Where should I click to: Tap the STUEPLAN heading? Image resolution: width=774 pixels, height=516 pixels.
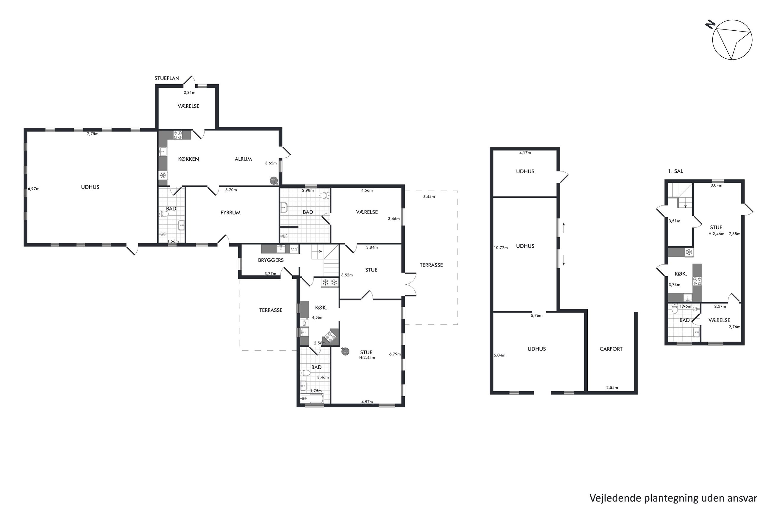pyautogui.click(x=167, y=78)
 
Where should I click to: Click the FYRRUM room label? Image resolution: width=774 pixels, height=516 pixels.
pyautogui.click(x=230, y=213)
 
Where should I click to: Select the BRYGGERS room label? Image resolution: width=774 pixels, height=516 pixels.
pyautogui.click(x=270, y=260)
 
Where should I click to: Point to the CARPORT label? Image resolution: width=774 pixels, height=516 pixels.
pyautogui.click(x=611, y=349)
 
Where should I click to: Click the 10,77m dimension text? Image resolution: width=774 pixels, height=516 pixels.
pyautogui.click(x=501, y=248)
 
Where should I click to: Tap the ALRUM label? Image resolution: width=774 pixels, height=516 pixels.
pyautogui.click(x=243, y=159)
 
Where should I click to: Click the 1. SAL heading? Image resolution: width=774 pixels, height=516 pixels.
pyautogui.click(x=675, y=171)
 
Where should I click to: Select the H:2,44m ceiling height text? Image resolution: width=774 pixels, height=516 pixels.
pyautogui.click(x=367, y=358)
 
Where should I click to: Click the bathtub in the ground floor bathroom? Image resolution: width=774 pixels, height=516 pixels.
pyautogui.click(x=312, y=398)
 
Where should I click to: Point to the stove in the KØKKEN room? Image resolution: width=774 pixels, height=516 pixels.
pyautogui.click(x=178, y=135)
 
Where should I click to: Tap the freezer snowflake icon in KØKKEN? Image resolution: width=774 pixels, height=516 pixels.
pyautogui.click(x=163, y=175)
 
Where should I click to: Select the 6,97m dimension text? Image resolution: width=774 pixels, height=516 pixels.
pyautogui.click(x=34, y=189)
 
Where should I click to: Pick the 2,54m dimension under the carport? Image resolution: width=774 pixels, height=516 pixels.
pyautogui.click(x=612, y=388)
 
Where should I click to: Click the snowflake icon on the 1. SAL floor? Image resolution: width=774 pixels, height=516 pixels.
pyautogui.click(x=689, y=252)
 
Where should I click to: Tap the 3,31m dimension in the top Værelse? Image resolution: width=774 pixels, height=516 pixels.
pyautogui.click(x=189, y=93)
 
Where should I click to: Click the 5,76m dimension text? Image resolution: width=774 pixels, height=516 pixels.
pyautogui.click(x=536, y=316)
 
